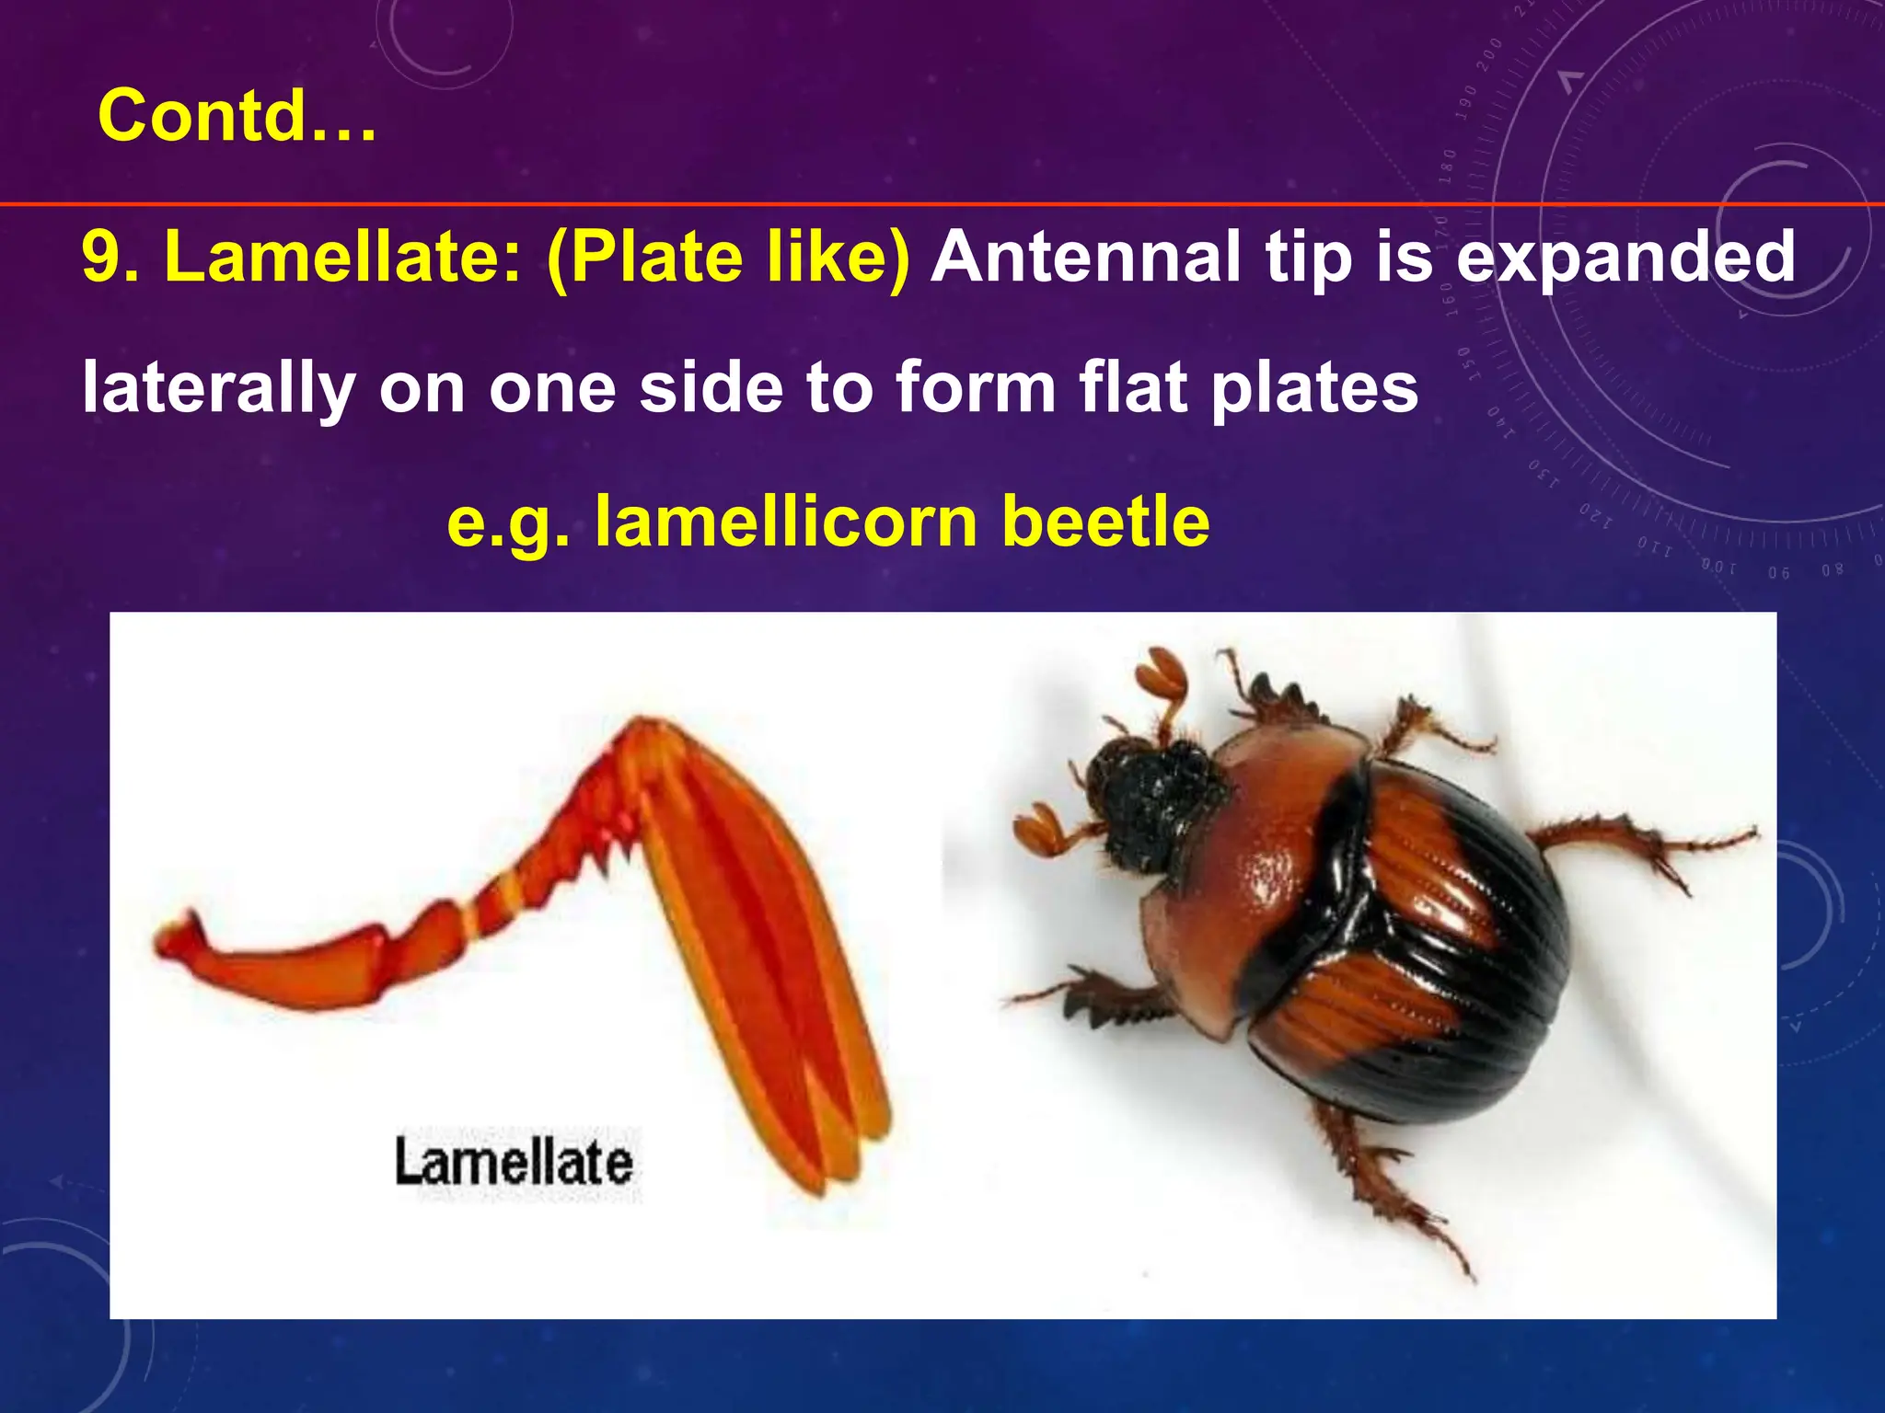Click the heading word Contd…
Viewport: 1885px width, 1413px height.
[x=237, y=116]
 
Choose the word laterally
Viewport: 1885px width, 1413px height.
[x=218, y=387]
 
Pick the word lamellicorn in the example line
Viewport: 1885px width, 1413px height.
[x=786, y=521]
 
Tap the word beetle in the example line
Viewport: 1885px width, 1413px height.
[x=1105, y=521]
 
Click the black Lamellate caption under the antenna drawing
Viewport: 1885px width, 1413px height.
[x=514, y=1161]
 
